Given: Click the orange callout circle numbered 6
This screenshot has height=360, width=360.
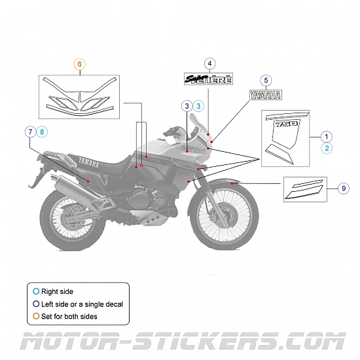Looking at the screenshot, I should (79, 64).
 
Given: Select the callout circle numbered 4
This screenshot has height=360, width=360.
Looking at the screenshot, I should (209, 63).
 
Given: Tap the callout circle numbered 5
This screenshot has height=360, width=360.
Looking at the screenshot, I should (265, 81).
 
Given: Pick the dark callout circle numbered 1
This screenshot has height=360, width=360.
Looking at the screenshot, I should (327, 136).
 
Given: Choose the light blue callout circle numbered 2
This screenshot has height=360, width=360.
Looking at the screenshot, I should (327, 149).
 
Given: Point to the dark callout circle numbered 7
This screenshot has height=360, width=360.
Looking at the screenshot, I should (31, 132).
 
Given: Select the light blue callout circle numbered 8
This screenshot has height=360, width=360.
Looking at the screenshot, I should (43, 132).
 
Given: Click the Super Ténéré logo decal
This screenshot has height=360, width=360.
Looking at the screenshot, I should (209, 80).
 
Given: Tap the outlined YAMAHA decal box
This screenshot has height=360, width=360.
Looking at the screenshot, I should (265, 96).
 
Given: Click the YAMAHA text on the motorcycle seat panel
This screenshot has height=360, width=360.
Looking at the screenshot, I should (82, 163).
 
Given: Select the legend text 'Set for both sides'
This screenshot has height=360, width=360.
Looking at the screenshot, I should (70, 317).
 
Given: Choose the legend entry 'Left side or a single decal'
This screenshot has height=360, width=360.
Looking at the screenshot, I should (82, 304).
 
